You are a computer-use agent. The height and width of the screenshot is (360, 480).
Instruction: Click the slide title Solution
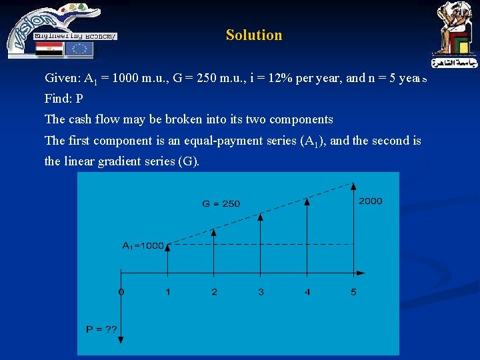point(253,35)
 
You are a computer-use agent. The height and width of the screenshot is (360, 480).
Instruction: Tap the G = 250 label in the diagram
point(221,203)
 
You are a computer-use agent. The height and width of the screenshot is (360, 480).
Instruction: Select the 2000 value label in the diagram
point(370,201)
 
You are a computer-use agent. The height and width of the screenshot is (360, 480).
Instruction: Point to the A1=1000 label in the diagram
point(143,245)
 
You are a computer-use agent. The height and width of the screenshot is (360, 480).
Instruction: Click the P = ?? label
point(102,329)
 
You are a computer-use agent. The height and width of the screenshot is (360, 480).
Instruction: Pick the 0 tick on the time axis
point(121,291)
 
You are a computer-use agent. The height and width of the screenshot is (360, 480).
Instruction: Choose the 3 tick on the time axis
point(261,291)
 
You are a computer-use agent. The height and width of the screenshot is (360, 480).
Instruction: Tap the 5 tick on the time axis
point(353,291)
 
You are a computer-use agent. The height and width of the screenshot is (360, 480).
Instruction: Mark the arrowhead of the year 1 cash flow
point(167,246)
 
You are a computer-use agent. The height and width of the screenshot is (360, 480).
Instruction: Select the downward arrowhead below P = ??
point(121,344)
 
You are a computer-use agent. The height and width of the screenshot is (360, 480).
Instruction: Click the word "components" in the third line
point(300,119)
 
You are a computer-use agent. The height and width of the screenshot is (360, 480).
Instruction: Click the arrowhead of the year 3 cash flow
point(261,216)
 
